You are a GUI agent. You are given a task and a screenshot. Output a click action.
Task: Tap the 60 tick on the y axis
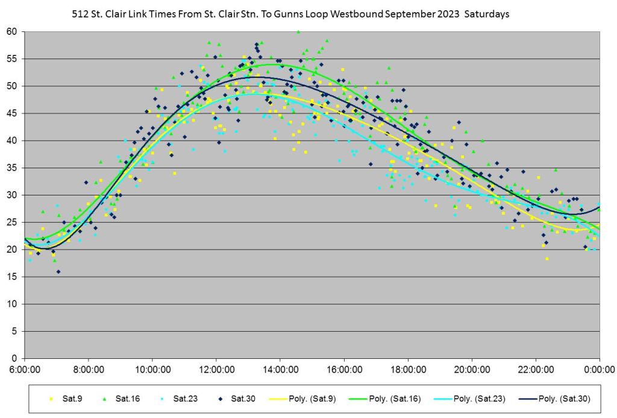point(12,31)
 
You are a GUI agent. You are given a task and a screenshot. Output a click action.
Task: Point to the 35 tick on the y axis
point(12,168)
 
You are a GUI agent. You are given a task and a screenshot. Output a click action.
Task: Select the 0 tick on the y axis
point(15,358)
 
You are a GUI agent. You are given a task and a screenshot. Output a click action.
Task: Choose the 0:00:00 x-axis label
point(599,369)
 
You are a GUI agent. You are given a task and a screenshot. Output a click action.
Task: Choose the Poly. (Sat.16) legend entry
point(395,399)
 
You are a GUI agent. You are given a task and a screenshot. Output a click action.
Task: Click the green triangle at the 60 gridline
point(298,31)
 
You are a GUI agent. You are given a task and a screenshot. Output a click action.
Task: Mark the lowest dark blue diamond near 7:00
point(58,271)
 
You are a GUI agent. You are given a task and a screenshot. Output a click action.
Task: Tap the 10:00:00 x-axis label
point(152,369)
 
